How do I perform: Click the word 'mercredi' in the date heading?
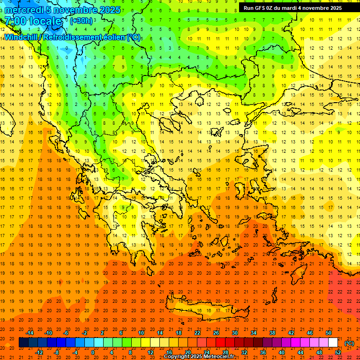pyautogui.click(x=22, y=10)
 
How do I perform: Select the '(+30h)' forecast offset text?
pyautogui.click(x=81, y=21)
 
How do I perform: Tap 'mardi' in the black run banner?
pyautogui.click(x=287, y=8)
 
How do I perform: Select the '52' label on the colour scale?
pyautogui.click(x=338, y=352)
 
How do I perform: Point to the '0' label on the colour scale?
pyautogui.click(x=92, y=352)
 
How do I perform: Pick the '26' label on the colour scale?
pyautogui.click(x=216, y=332)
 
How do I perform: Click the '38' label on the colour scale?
pyautogui.click(x=272, y=332)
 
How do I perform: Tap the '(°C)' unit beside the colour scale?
pyautogui.click(x=349, y=343)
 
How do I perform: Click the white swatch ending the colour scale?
pyautogui.click(x=333, y=343)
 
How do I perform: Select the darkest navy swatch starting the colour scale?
pyautogui.click(x=23, y=343)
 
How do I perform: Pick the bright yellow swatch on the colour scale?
pyautogui.click(x=145, y=343)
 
